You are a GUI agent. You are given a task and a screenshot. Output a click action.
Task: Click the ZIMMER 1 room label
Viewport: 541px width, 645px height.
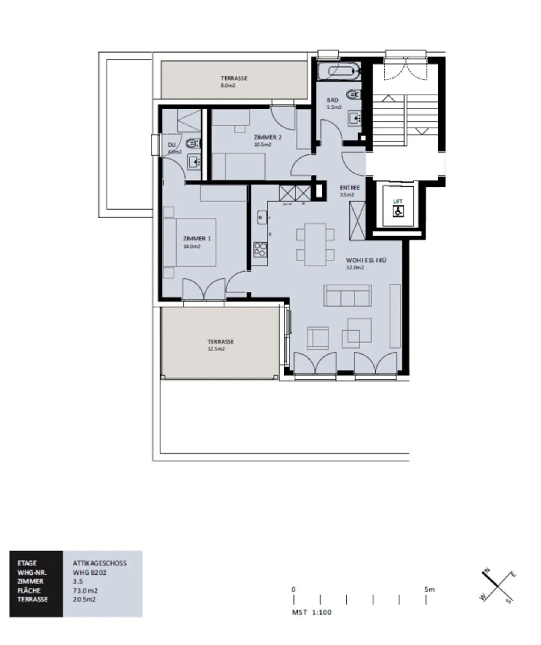pos(197,239)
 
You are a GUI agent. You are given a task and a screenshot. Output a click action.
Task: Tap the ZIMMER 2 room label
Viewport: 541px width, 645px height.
pos(267,137)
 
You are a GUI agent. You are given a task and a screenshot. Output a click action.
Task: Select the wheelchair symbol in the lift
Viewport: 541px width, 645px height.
pos(398,212)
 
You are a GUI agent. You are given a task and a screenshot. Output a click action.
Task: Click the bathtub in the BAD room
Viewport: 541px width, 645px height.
pos(339,71)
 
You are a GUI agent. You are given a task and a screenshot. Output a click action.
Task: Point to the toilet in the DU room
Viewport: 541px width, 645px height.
pos(192,143)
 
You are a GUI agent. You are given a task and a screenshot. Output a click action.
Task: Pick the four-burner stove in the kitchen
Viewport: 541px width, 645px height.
pos(260,249)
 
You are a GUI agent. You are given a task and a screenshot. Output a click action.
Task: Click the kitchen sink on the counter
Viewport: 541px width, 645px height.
pos(262,217)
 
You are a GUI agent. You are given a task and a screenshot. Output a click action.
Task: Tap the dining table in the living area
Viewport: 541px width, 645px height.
pos(315,245)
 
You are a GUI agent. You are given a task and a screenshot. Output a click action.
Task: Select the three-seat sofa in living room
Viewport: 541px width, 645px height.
pos(347,296)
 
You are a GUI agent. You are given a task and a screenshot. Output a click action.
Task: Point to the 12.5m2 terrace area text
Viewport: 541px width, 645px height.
pos(216,349)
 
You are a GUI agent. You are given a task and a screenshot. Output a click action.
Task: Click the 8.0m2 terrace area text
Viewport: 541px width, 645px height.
pos(228,86)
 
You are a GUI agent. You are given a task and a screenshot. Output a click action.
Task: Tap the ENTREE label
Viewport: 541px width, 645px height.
pos(350,187)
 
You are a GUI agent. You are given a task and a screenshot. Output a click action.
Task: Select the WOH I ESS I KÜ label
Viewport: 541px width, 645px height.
pos(366,260)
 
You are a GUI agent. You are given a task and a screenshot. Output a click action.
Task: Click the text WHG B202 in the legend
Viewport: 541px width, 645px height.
pos(89,572)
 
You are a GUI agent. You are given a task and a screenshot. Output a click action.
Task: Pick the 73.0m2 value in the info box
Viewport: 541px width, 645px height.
pos(85,591)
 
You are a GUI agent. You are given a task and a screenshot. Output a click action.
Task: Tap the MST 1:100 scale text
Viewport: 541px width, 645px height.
pos(312,612)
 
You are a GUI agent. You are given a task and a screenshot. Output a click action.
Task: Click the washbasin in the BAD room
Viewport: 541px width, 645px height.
pos(354,118)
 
